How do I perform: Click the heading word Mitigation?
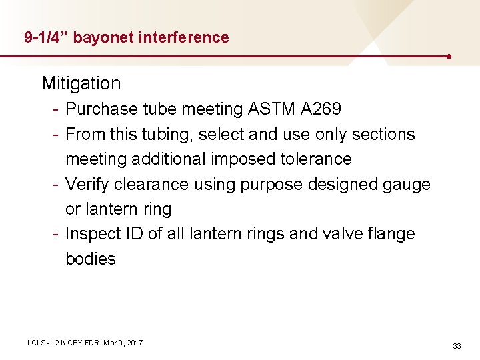[81, 83]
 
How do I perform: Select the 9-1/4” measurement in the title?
[46, 37]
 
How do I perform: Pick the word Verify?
[86, 184]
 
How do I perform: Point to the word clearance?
[153, 184]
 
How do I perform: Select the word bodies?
[91, 259]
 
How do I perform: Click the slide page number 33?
[457, 346]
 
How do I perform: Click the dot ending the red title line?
[451, 56]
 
